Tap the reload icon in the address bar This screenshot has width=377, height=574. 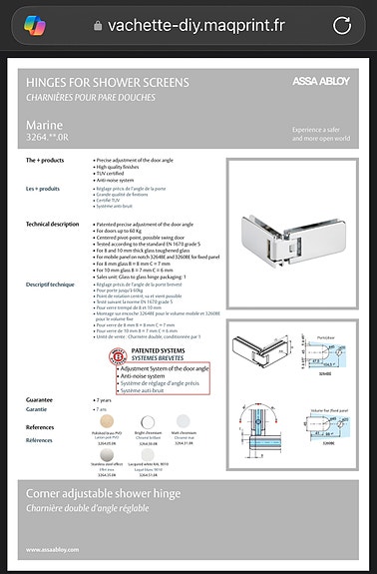click(x=341, y=24)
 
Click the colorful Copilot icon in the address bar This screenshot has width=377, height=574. click(x=35, y=24)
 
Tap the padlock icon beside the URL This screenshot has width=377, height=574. click(x=97, y=25)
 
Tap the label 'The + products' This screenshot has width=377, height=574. click(x=49, y=160)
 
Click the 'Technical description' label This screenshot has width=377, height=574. click(x=52, y=225)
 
